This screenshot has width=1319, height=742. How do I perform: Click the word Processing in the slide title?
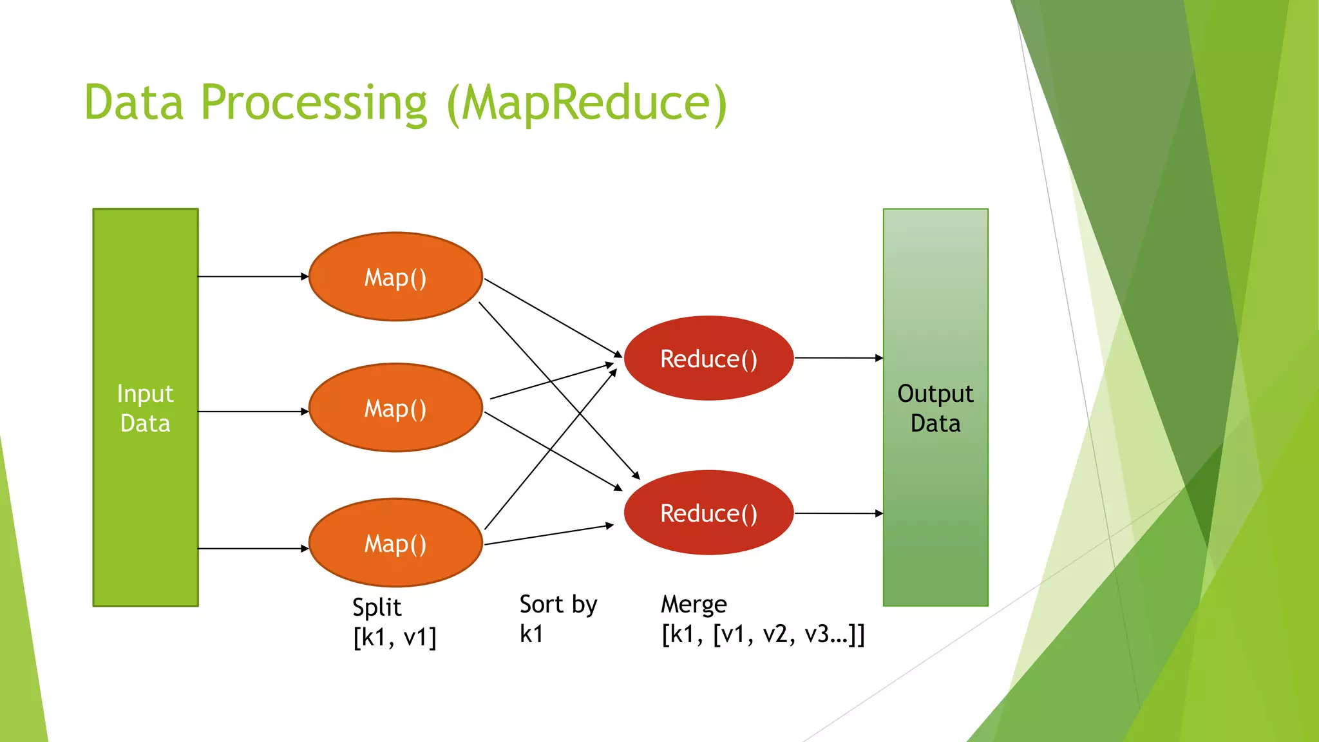314,103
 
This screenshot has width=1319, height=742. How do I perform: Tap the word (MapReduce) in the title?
587,103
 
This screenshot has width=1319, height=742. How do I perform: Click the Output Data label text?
935,408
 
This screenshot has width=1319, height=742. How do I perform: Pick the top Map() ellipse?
395,277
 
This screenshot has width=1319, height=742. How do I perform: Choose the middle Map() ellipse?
395,408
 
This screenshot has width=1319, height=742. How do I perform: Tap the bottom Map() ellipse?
395,543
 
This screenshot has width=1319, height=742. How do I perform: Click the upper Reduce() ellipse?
708,359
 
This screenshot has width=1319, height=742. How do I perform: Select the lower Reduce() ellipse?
708,513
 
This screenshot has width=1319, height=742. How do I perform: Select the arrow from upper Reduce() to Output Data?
838,357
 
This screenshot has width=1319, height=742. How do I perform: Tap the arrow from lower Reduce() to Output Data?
838,513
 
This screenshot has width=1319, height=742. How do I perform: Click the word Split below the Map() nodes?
377,607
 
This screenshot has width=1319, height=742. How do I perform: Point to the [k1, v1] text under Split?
394,637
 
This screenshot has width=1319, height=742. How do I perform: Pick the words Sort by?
558,605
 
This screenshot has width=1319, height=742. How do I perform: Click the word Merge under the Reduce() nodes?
694,605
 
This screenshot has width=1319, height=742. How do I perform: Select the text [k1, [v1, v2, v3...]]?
763,635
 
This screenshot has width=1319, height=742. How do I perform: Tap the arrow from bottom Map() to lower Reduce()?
548,535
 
